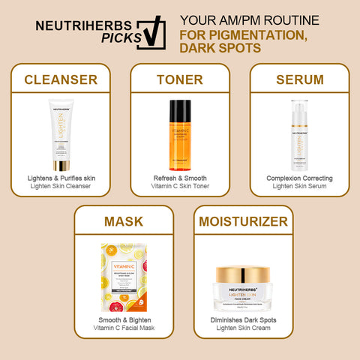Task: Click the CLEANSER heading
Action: (x=61, y=79)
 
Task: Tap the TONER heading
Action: (x=179, y=79)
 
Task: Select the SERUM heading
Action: (x=298, y=79)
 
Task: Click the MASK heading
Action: (x=123, y=222)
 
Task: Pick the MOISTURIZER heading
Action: (x=242, y=222)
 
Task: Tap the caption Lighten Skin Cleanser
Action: (x=61, y=185)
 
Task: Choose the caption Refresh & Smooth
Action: (x=179, y=178)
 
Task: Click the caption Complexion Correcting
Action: (x=298, y=178)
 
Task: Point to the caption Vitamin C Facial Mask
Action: (x=123, y=328)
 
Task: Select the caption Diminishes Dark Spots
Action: (x=242, y=320)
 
